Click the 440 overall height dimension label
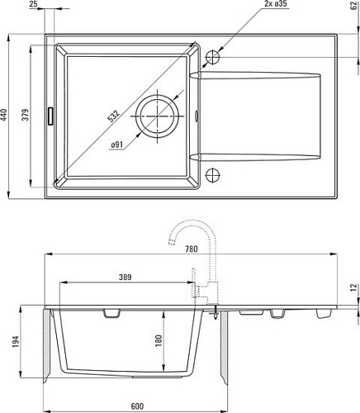[x=3, y=115]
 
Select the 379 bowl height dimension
[x=26, y=115]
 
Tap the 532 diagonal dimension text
[x=113, y=116]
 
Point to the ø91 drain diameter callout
[x=117, y=145]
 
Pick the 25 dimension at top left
[x=33, y=3]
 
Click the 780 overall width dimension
[x=192, y=249]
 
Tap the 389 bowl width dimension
[x=126, y=277]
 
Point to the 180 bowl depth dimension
[x=159, y=340]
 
